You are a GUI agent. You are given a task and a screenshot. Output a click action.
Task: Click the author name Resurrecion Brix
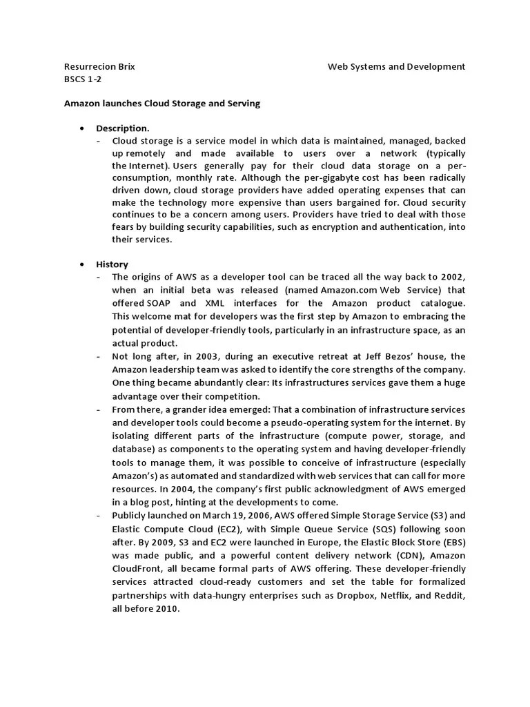99,67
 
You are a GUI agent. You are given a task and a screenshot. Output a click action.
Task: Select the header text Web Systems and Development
396,67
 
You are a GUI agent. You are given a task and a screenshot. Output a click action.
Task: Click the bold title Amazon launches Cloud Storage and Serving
162,104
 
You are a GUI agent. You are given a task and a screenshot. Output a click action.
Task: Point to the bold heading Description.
122,128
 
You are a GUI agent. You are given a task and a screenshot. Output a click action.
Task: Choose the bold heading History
112,264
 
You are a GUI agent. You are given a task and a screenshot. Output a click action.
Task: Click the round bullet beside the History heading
82,264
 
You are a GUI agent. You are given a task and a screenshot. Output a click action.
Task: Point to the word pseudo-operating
296,422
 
